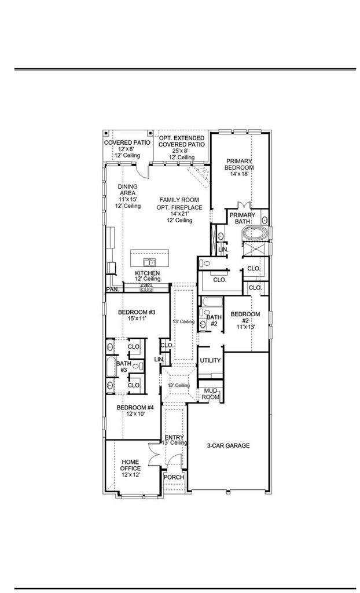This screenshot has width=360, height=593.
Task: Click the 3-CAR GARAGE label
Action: [x=228, y=445]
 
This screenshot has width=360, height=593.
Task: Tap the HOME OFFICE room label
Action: [x=130, y=465]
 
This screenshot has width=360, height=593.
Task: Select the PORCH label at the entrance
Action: [x=174, y=477]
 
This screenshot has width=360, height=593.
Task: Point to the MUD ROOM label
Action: [x=211, y=394]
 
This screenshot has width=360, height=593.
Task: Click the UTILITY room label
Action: [x=210, y=360]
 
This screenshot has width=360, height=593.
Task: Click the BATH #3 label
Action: [x=124, y=367]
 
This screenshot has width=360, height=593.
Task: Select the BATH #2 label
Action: [x=214, y=320]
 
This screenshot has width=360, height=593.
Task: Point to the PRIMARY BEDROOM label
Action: [x=239, y=164]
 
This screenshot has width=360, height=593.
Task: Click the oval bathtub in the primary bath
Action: [x=255, y=233]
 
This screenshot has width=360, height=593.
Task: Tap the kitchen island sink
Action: [x=150, y=262]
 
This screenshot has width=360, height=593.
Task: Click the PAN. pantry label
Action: [x=113, y=290]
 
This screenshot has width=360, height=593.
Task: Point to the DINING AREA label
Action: [x=127, y=189]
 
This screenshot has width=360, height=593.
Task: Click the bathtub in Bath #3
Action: [x=111, y=366]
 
